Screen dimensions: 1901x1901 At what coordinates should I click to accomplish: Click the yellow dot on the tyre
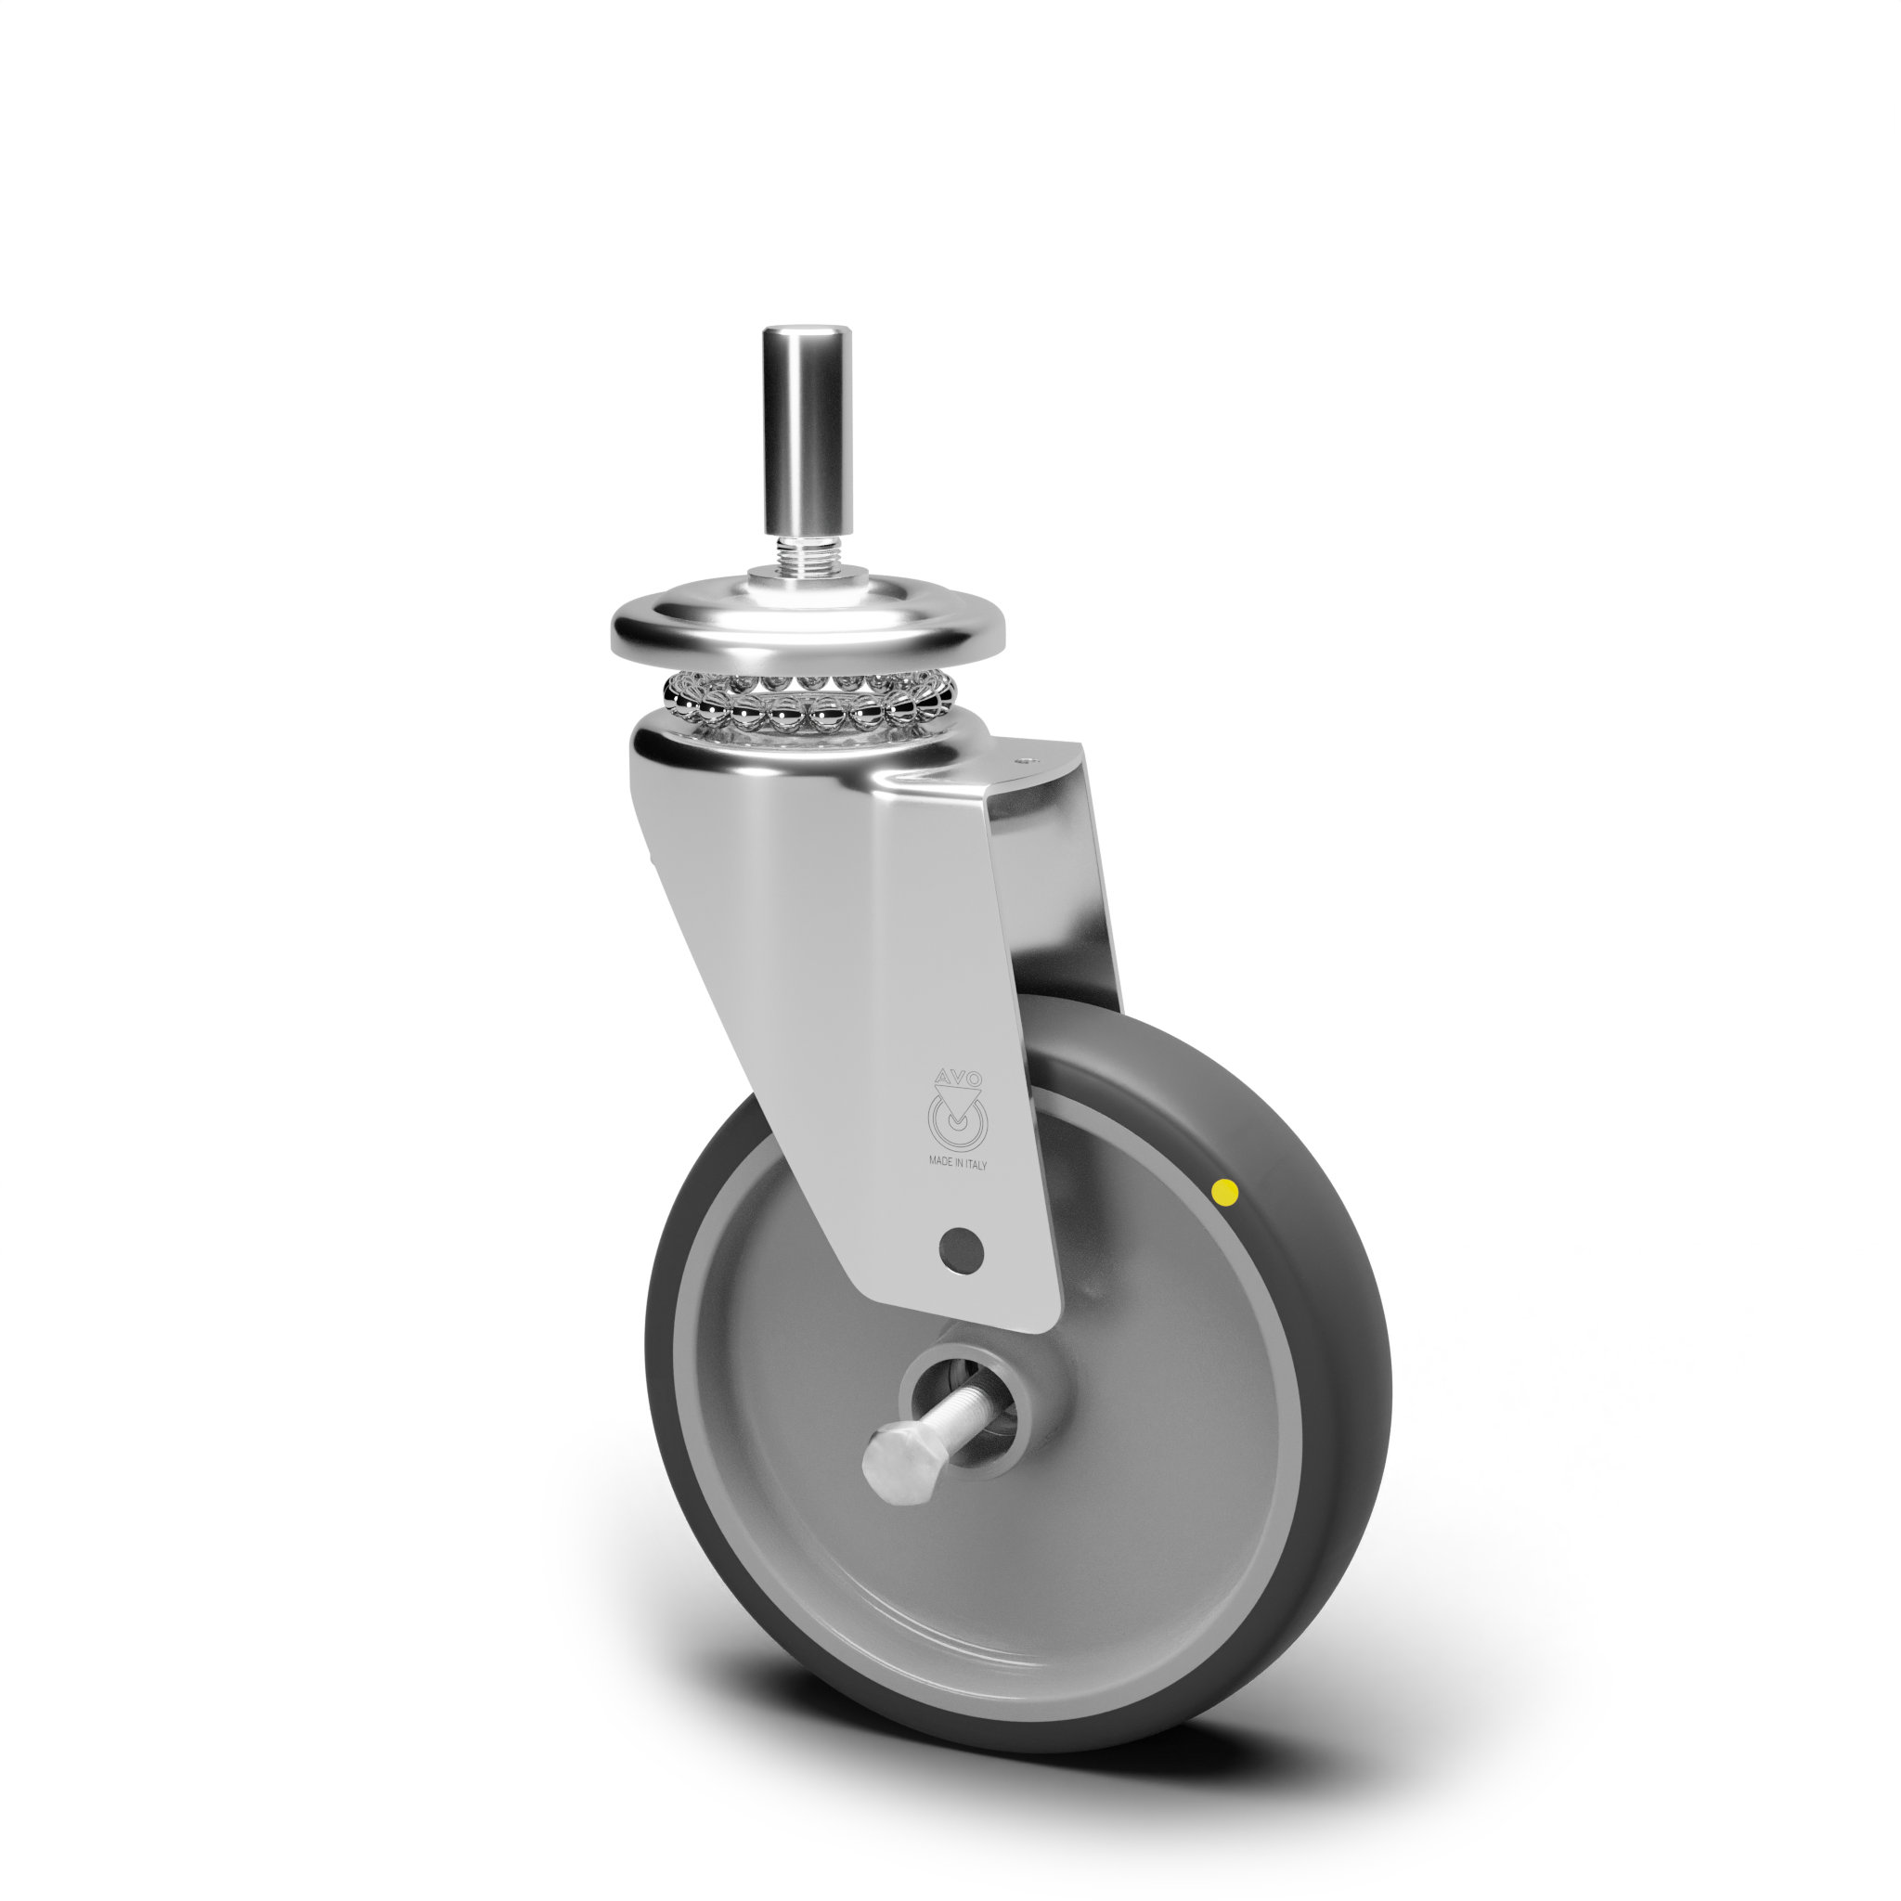(x=1225, y=1193)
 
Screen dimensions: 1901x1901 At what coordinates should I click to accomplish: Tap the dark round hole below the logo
(x=961, y=1250)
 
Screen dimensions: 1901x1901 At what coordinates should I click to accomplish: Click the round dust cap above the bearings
(x=808, y=622)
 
